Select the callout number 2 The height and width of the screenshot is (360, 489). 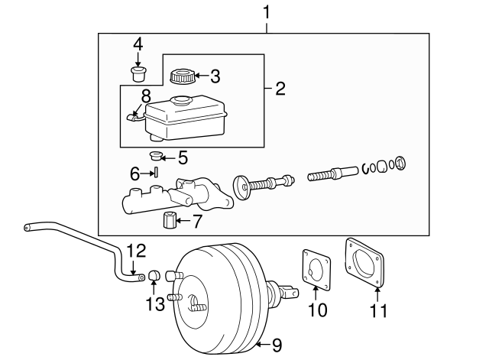tap(280, 89)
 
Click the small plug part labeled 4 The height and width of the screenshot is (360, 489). tap(138, 74)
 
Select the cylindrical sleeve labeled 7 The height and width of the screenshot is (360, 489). tap(170, 222)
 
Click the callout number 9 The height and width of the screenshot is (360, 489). tap(277, 345)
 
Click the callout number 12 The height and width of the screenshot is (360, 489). tap(134, 250)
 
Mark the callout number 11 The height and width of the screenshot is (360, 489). tap(378, 310)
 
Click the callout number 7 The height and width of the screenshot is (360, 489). tap(196, 222)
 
